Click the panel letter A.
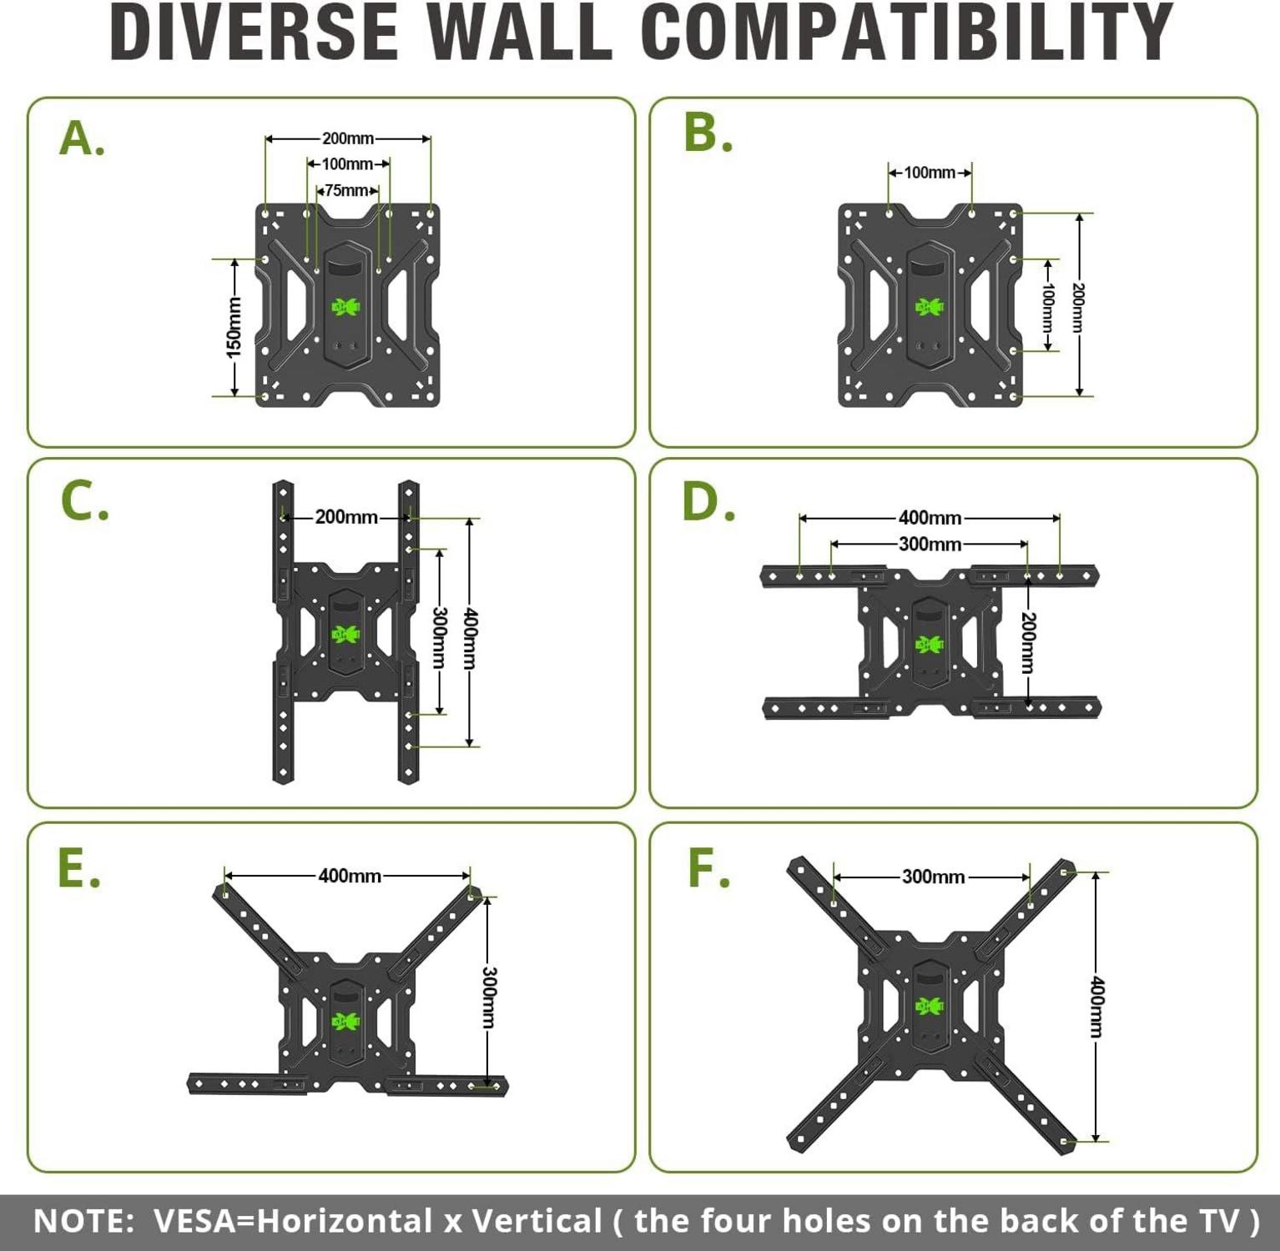coord(82,138)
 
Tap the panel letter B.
coord(708,133)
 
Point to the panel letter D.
coord(708,502)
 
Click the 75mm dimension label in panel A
coord(347,191)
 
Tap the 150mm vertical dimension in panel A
coord(234,328)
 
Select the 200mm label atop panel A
coord(348,138)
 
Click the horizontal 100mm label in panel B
coord(930,173)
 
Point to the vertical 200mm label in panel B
coord(1078,308)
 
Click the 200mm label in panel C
coord(346,517)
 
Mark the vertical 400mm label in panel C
coord(470,639)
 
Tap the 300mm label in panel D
coord(930,545)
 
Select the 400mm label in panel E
coord(350,876)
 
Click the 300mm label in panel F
coord(933,877)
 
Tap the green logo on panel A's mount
coord(347,307)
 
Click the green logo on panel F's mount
coord(930,1006)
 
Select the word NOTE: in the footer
coord(83,1221)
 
